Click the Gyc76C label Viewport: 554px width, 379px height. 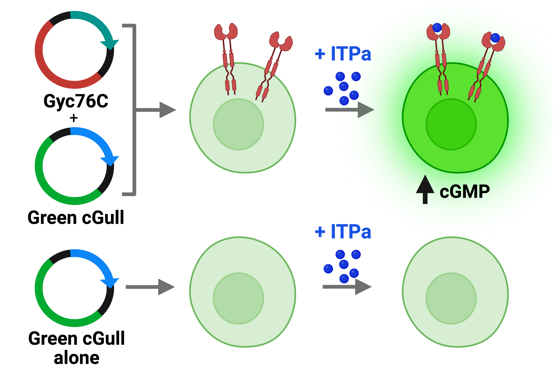(x=76, y=101)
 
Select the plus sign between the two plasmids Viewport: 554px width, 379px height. (x=74, y=118)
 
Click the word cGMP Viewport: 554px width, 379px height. (x=465, y=192)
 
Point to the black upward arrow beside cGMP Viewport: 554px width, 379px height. (x=425, y=189)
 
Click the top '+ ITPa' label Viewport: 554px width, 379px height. (x=343, y=54)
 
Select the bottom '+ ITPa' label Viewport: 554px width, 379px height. (x=343, y=232)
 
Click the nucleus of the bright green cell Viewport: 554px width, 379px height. (x=451, y=124)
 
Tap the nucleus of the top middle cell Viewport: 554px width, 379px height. (x=238, y=124)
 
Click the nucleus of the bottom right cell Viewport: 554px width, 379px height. (x=451, y=298)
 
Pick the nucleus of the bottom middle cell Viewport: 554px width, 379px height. (x=238, y=298)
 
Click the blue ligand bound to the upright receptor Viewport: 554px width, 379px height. (x=437, y=28)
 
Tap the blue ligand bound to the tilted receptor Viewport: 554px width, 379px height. (x=495, y=38)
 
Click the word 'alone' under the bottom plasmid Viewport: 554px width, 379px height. (x=77, y=358)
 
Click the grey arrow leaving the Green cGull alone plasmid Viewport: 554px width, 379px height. (x=150, y=287)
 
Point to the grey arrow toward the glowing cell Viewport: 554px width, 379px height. (x=350, y=110)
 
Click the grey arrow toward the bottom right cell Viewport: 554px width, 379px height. (x=347, y=287)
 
